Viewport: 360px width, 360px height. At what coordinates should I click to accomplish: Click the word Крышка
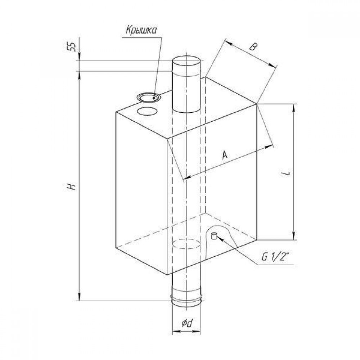click(141, 30)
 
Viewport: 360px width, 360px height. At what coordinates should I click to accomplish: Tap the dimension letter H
click(72, 186)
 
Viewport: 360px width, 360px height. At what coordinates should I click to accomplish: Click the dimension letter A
click(225, 155)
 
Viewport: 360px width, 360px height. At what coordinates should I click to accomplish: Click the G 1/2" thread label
click(275, 258)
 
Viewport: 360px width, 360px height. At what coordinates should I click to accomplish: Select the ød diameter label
click(186, 323)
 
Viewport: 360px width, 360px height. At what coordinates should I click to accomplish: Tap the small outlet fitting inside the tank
click(214, 236)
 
